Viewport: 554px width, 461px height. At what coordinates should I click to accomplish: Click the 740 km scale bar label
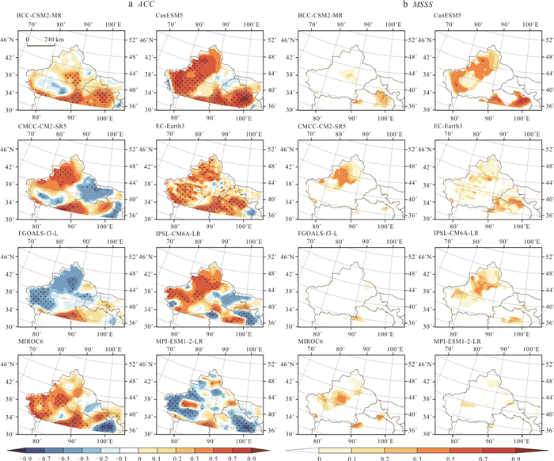point(44,39)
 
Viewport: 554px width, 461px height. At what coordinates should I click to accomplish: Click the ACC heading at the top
point(140,6)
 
